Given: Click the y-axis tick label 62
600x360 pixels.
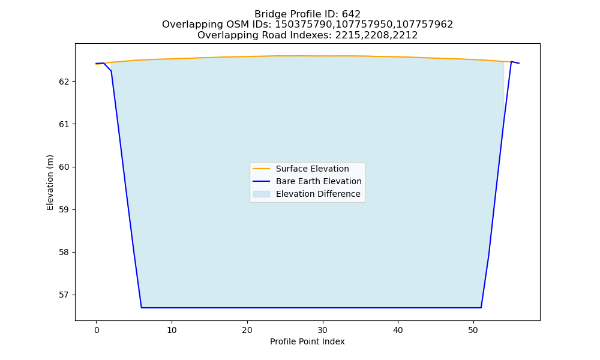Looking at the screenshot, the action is click(x=65, y=82).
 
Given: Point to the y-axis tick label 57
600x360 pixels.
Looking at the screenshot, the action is click(x=65, y=295).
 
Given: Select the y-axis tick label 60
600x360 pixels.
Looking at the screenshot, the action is click(x=65, y=167).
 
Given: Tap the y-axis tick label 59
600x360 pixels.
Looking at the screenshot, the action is click(x=65, y=209).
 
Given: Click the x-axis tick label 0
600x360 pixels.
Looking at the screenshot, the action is click(x=97, y=330).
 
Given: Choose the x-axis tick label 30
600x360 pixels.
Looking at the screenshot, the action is click(x=323, y=330).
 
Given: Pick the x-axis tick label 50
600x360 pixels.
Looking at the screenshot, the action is click(x=473, y=330).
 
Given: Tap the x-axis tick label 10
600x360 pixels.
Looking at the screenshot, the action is click(x=172, y=330).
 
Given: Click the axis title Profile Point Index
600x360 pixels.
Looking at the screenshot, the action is click(x=307, y=341).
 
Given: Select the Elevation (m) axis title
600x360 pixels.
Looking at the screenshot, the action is click(x=50, y=182).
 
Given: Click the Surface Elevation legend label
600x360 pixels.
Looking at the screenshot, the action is click(x=312, y=169).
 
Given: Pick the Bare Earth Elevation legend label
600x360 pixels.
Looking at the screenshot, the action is click(x=319, y=181).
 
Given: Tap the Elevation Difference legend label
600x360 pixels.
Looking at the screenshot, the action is click(x=318, y=194).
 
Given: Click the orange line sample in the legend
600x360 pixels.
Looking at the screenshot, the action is click(x=262, y=169).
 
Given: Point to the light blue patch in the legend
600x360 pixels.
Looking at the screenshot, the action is click(x=262, y=194).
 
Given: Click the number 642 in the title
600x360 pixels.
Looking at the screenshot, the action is click(x=351, y=14).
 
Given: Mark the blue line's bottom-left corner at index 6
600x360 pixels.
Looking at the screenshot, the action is click(x=142, y=308).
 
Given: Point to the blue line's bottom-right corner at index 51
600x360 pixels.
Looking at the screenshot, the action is click(x=481, y=308).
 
